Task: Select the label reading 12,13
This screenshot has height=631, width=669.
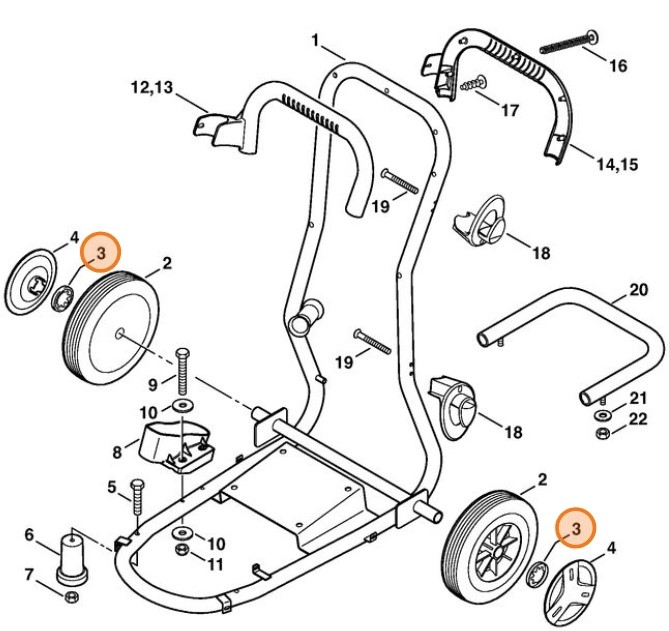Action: [x=151, y=88]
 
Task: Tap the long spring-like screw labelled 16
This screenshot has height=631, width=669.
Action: [x=566, y=43]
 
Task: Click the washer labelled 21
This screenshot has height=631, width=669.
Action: [x=603, y=413]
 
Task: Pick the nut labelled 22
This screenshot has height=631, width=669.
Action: [x=603, y=433]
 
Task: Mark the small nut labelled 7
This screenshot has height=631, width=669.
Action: [x=71, y=597]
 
